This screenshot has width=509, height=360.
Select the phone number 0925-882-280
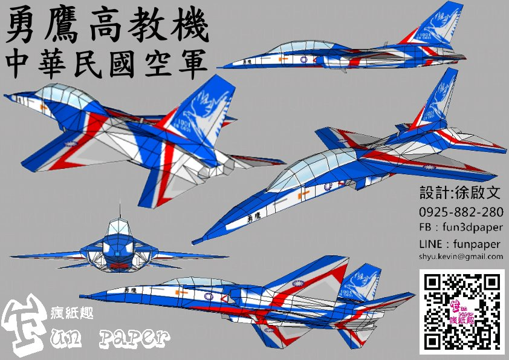click(463, 212)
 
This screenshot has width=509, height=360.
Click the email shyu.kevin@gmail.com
click(461, 257)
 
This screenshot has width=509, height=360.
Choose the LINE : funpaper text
click(459, 244)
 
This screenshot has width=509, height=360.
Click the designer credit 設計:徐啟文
click(460, 194)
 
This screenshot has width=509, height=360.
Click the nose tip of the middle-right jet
click(196, 243)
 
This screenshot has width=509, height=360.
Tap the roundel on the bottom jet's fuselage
click(208, 296)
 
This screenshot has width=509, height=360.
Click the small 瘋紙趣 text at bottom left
click(69, 315)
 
